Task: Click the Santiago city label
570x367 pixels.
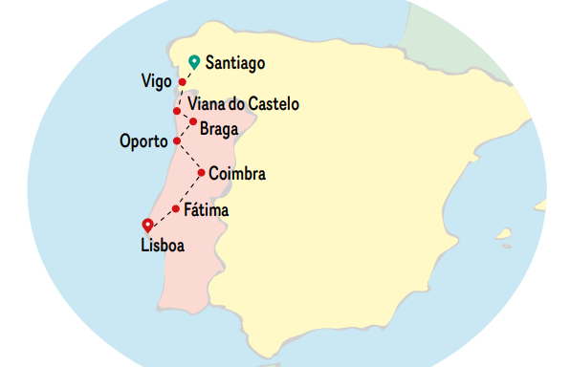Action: (234, 63)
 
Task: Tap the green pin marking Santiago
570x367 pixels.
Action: (194, 61)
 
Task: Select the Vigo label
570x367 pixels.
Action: (157, 81)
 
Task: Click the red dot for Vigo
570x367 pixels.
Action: (183, 82)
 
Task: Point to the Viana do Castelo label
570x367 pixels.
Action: (244, 103)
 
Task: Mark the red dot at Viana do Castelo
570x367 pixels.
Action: (176, 111)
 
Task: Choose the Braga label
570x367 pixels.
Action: (219, 122)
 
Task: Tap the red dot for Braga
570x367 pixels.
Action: (193, 121)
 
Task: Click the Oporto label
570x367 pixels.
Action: (143, 141)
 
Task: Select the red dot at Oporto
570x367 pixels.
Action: (176, 140)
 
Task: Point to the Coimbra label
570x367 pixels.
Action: (236, 174)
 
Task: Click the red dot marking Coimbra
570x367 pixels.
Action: (201, 173)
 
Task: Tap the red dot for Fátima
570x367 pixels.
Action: (176, 208)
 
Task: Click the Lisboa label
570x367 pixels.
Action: (162, 245)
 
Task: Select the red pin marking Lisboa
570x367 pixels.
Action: (147, 225)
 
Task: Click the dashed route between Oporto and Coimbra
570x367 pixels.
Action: (188, 157)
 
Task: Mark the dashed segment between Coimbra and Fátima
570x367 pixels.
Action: (188, 191)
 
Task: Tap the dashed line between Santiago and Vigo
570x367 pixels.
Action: (187, 74)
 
